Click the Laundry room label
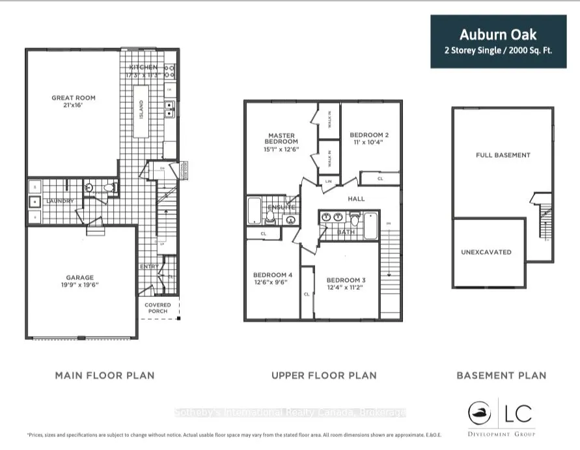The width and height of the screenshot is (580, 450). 60,201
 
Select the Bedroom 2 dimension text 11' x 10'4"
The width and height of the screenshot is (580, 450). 369,143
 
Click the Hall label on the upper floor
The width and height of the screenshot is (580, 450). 356,199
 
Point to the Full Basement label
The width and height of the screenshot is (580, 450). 503,155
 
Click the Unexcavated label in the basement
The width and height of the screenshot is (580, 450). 486,252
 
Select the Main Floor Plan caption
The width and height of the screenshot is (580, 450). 105,375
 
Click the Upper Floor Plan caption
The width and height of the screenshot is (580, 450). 324,375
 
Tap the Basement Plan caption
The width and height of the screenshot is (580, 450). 501,375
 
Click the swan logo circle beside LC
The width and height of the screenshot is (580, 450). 481,413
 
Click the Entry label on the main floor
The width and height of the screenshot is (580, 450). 148,266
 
